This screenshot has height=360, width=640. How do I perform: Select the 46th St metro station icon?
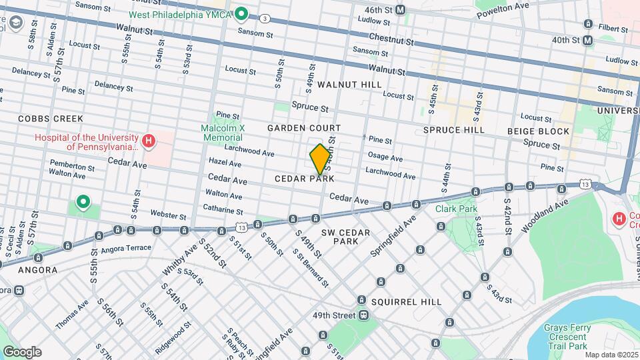(400, 10)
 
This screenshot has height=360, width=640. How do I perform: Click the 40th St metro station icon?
(587, 40)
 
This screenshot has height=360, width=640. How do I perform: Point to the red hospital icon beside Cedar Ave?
(149, 141)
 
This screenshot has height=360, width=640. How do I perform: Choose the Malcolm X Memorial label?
(222, 133)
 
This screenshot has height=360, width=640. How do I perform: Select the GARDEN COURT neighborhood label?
(304, 127)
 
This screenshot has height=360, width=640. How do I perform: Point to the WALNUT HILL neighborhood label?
(349, 85)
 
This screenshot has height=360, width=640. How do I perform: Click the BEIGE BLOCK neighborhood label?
(538, 131)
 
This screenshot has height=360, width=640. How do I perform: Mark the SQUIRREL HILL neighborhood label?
(406, 301)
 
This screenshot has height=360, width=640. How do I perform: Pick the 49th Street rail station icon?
(363, 315)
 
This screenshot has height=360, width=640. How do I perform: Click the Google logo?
(22, 352)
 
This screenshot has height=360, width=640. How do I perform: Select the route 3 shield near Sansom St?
(265, 18)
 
